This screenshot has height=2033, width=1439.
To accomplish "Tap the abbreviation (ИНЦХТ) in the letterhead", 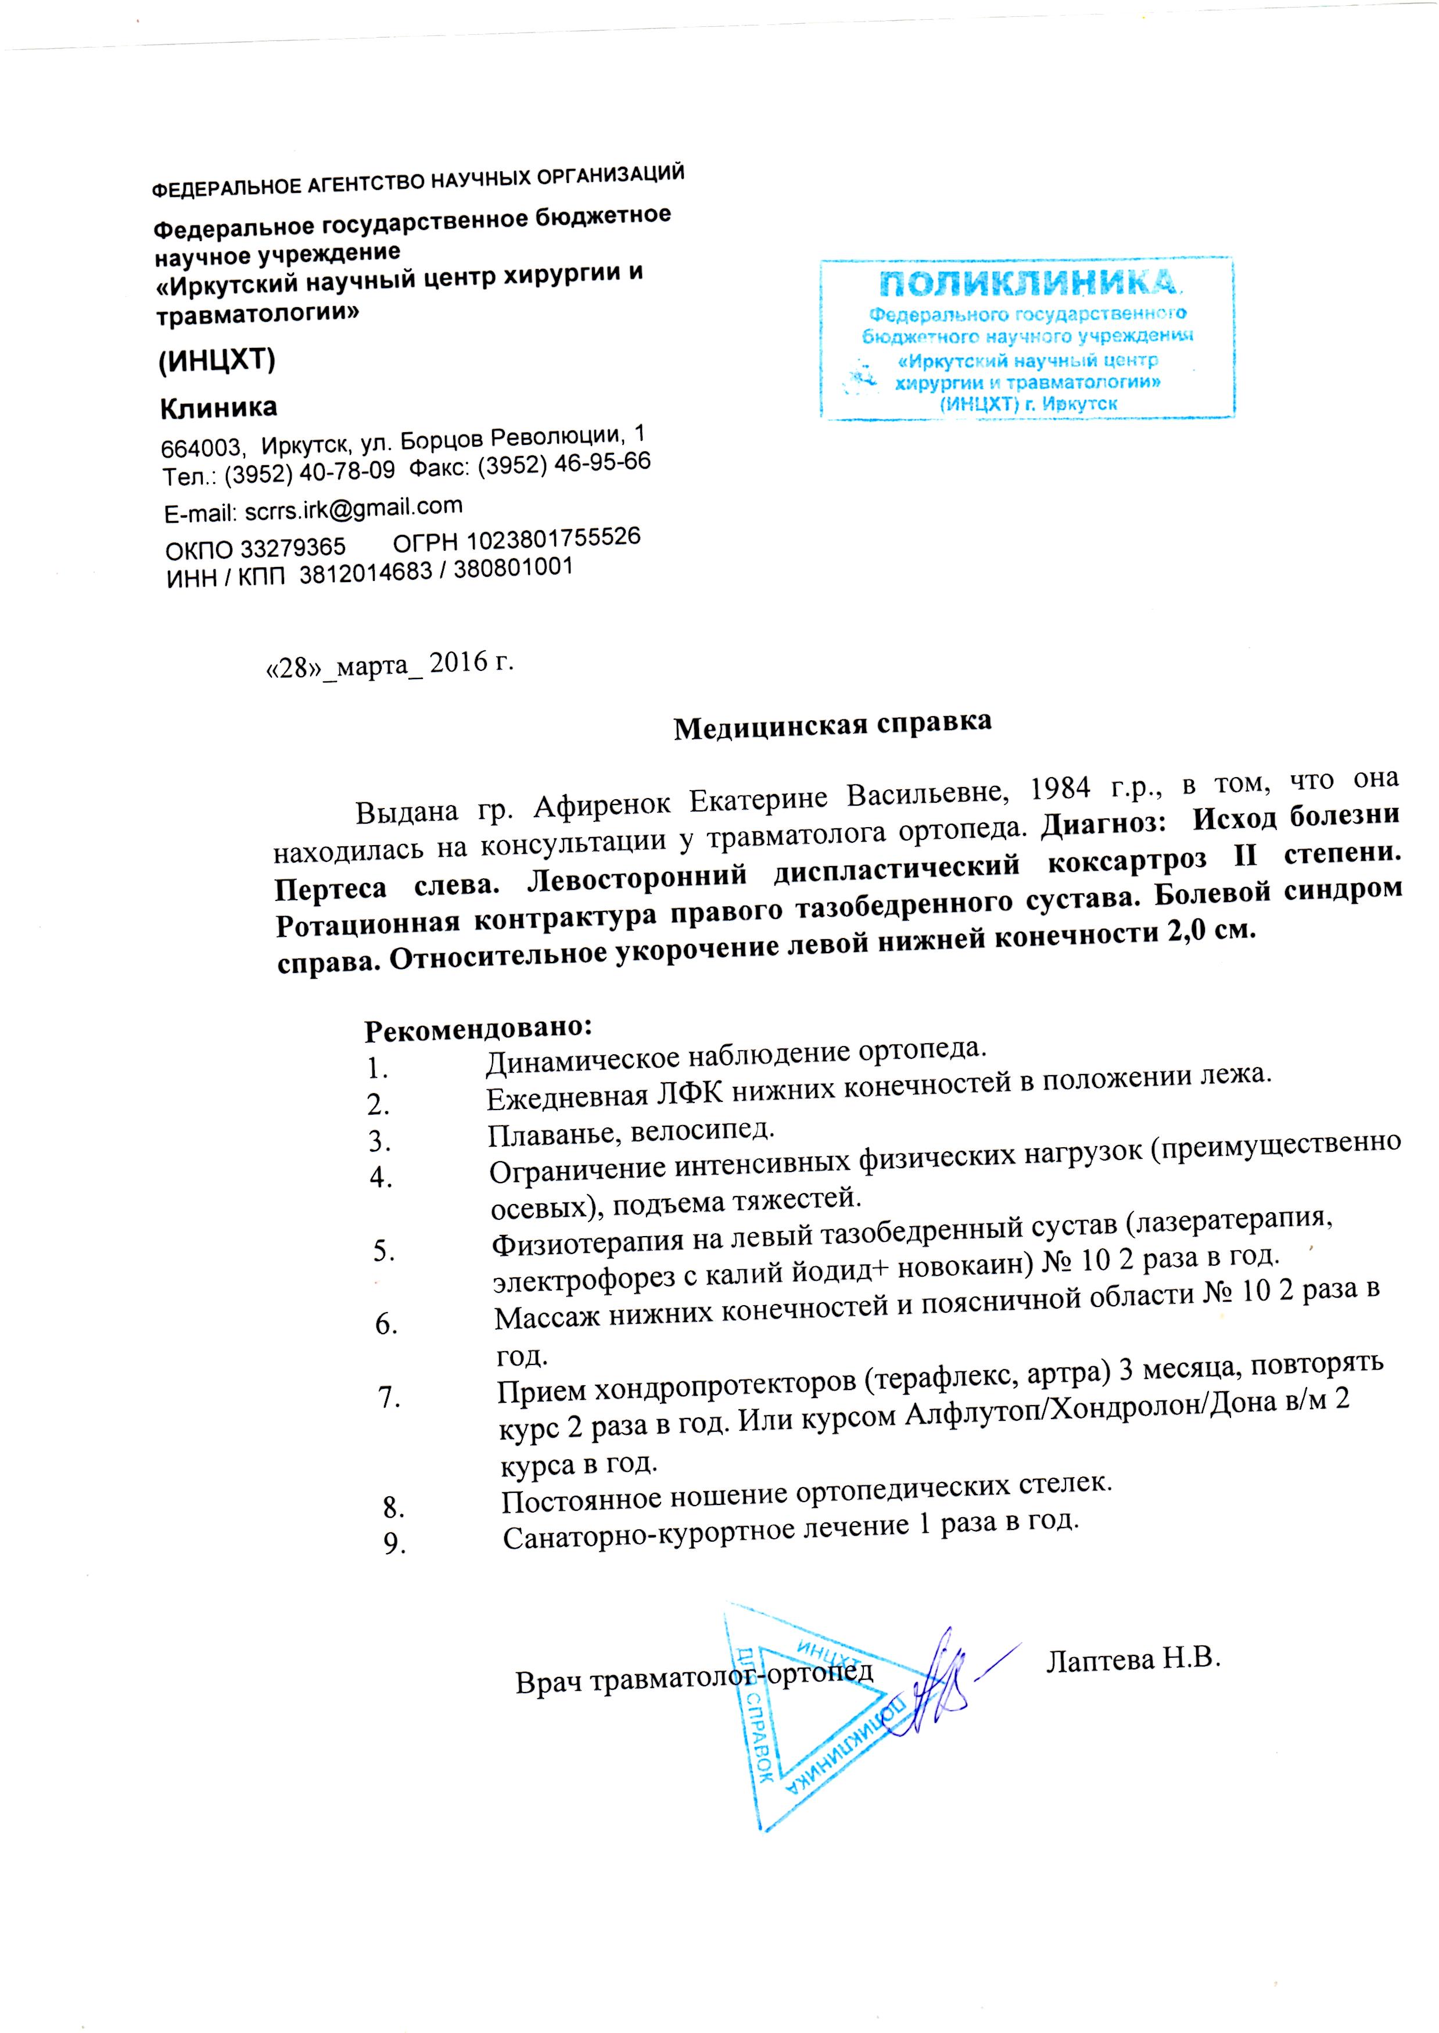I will pos(217,359).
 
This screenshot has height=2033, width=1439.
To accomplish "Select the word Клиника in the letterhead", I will pos(218,408).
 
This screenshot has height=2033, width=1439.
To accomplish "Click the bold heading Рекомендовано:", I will pos(479,1028).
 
